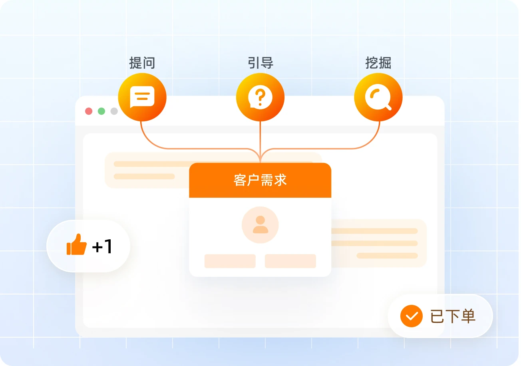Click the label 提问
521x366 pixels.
(x=142, y=63)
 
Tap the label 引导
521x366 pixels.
(x=260, y=63)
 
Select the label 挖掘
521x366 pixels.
(x=378, y=63)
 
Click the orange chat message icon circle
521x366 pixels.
(x=142, y=97)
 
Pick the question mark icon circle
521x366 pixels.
(x=260, y=97)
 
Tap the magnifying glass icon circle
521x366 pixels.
(x=378, y=97)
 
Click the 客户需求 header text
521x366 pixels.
(x=260, y=180)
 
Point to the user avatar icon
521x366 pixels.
(x=260, y=225)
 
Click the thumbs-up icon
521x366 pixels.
(x=76, y=245)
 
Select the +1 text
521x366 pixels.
(x=102, y=247)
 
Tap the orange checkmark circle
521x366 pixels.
(x=411, y=316)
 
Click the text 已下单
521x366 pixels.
(x=453, y=316)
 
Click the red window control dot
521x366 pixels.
(x=89, y=111)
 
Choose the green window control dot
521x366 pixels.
(x=101, y=111)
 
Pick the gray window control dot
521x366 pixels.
(x=114, y=111)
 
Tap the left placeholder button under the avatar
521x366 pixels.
(x=230, y=261)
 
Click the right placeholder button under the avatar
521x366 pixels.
(x=290, y=261)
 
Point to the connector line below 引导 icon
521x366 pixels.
(x=260, y=138)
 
